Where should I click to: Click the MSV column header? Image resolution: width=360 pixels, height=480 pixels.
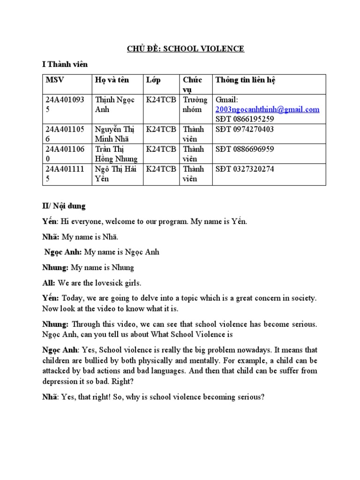(54, 80)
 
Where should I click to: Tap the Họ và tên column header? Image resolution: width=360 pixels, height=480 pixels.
(112, 80)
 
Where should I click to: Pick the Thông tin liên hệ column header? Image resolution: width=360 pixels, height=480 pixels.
(245, 80)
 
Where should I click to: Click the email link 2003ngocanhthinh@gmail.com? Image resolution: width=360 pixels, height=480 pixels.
(267, 109)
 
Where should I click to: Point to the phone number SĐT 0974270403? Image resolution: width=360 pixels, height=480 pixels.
(244, 129)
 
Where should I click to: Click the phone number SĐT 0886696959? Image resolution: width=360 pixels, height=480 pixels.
(244, 149)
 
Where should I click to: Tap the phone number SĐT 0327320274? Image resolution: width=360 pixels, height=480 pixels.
(244, 169)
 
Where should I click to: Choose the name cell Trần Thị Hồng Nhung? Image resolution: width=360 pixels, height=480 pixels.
(115, 154)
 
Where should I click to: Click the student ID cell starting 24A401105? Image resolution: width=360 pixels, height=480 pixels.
(65, 134)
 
